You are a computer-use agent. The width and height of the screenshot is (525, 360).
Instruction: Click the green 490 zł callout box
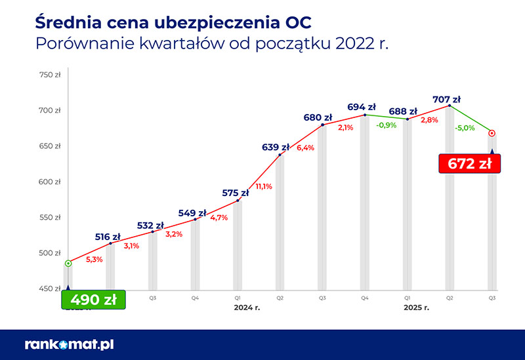pyautogui.click(x=93, y=300)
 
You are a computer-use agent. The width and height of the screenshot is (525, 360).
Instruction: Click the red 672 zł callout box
pyautogui.click(x=469, y=163)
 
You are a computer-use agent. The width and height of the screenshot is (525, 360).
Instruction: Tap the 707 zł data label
pyautogui.click(x=446, y=100)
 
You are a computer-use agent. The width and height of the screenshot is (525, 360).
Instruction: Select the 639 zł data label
pyautogui.click(x=276, y=147)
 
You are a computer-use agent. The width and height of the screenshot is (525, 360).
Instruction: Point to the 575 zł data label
pyautogui.click(x=236, y=193)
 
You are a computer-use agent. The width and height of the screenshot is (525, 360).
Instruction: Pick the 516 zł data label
pyautogui.click(x=108, y=237)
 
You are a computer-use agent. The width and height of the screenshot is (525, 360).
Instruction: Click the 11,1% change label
pyautogui.click(x=264, y=186)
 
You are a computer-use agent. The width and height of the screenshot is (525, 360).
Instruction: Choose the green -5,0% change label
pyautogui.click(x=464, y=129)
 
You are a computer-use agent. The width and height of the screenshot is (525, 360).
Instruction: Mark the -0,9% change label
pyautogui.click(x=386, y=125)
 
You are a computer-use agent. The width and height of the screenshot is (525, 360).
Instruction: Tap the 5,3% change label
pyautogui.click(x=94, y=259)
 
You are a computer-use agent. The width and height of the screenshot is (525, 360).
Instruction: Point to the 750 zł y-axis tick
pyautogui.click(x=50, y=75)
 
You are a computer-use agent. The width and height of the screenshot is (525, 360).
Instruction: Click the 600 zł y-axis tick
pyautogui.click(x=50, y=182)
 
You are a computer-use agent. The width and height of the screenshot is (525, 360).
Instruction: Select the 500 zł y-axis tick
pyautogui.click(x=50, y=253)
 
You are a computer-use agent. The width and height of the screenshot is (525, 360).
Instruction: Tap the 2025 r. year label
pyautogui.click(x=417, y=307)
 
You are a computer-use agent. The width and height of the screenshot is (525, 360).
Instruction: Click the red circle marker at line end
pyautogui.click(x=492, y=133)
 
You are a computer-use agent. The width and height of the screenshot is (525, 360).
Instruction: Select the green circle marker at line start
pyautogui.click(x=68, y=264)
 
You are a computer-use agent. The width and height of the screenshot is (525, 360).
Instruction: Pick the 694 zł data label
pyautogui.click(x=362, y=107)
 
